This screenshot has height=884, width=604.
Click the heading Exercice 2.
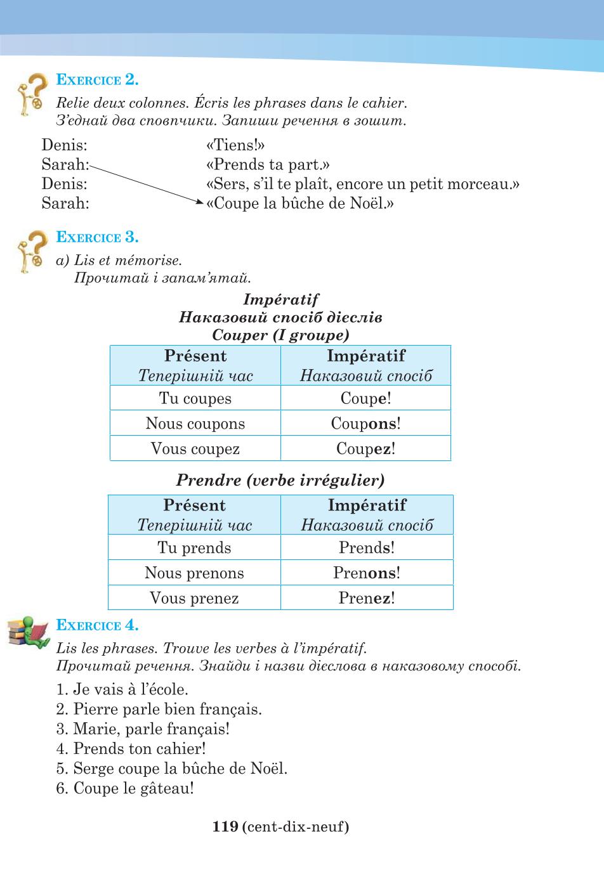97,80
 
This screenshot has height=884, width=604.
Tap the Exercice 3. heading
97,237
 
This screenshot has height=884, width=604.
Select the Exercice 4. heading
97,625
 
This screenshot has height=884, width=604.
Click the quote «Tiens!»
235,145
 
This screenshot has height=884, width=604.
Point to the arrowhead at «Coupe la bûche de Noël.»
200,202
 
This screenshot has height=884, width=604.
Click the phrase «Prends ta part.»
268,164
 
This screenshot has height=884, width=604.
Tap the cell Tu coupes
195,398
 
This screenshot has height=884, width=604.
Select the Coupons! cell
365,423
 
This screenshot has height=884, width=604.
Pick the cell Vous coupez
195,448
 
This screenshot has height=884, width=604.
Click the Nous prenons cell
194,572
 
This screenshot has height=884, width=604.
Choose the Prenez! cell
367,597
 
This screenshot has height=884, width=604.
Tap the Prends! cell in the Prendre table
367,547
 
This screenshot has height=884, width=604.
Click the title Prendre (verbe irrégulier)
280,480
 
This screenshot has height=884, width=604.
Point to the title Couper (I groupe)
280,335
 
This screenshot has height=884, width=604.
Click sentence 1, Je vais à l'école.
122,689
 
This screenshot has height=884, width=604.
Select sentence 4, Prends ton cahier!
131,748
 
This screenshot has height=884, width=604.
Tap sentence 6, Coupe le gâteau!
125,788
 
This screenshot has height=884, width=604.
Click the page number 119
225,826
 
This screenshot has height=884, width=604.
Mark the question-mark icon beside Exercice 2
32,94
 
